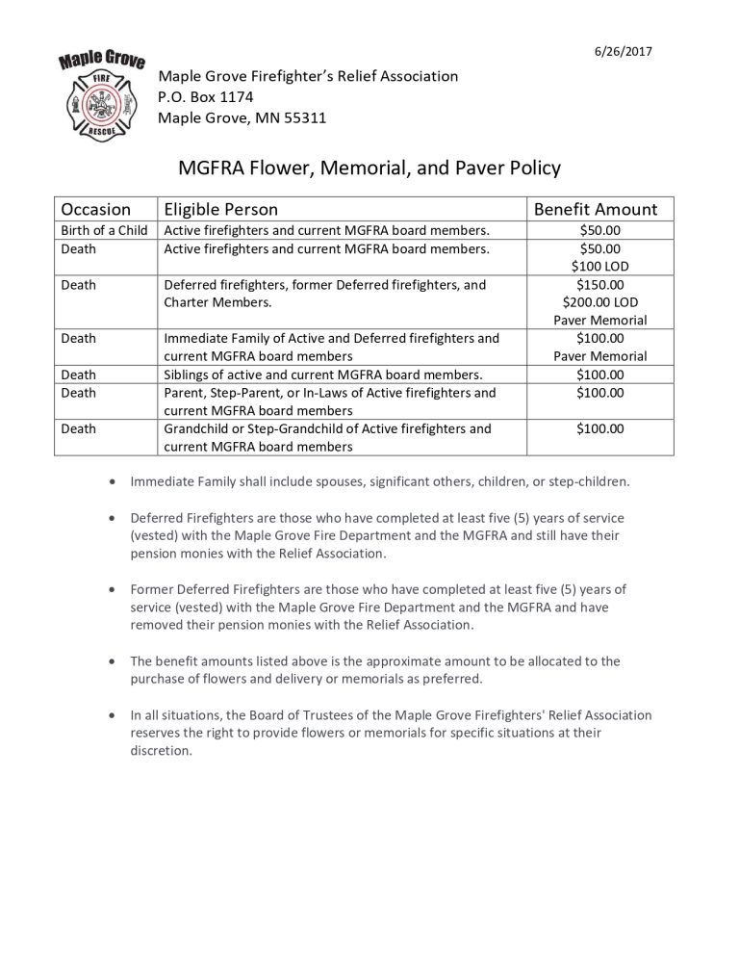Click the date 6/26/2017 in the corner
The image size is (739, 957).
[624, 51]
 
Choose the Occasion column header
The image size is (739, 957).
[96, 209]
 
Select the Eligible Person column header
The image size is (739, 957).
[220, 209]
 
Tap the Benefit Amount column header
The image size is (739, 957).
[596, 209]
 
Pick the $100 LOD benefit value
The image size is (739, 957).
[600, 266]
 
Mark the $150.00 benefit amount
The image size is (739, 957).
[600, 284]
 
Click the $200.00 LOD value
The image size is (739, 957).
[600, 302]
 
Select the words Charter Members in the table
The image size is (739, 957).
[217, 302]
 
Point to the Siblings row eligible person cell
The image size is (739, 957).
[322, 375]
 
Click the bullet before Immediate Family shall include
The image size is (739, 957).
[115, 480]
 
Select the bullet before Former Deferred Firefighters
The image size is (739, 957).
[115, 589]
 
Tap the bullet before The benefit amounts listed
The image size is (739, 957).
[115, 661]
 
